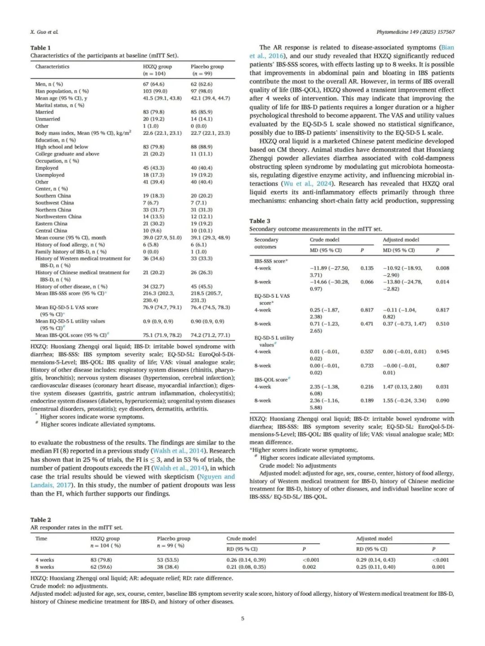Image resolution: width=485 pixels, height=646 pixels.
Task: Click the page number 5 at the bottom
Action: pos(242,618)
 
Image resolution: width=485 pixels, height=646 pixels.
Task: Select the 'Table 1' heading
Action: pos(40,48)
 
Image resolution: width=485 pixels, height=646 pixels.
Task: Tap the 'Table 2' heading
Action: pos(40,519)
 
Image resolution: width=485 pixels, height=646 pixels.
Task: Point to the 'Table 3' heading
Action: pos(260,221)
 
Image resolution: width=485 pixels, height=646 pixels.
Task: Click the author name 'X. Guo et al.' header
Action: pos(44,32)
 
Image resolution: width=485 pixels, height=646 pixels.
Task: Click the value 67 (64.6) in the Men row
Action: pos(154,84)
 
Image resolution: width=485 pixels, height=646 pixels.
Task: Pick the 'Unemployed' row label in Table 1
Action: pos(50,175)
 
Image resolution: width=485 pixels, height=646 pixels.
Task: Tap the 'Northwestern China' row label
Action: pos(58,216)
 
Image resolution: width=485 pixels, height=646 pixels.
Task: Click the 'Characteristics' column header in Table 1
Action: pos(53,66)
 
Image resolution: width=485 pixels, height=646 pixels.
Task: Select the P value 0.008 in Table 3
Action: pos(442,268)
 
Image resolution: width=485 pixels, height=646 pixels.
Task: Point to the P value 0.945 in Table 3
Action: pos(442,352)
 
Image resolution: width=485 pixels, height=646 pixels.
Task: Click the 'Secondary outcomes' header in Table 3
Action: pos(266,243)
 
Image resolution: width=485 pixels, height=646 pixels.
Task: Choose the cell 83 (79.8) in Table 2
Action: pos(101,560)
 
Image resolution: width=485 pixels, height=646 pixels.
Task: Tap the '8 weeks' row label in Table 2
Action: pos(45,567)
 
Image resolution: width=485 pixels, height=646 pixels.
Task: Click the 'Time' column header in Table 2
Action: pos(41,538)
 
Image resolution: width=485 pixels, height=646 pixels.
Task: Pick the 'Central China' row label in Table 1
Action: pos(51,230)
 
